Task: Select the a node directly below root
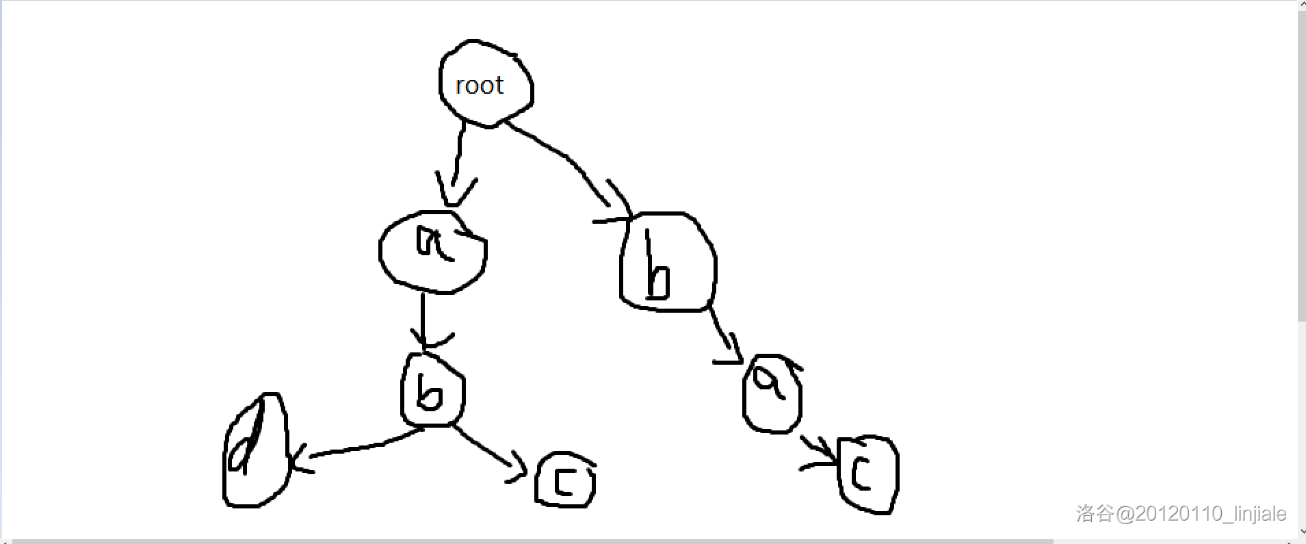pyautogui.click(x=432, y=252)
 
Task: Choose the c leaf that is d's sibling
pyautogui.click(x=565, y=480)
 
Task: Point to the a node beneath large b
pyautogui.click(x=772, y=393)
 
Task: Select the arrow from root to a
pyautogui.click(x=457, y=161)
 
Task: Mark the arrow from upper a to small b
pyautogui.click(x=423, y=318)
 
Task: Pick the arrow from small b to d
pyautogui.click(x=363, y=448)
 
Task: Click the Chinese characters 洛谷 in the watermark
pyautogui.click(x=1095, y=513)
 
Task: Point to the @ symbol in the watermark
pyautogui.click(x=1125, y=514)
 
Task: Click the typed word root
pyautogui.click(x=479, y=86)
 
